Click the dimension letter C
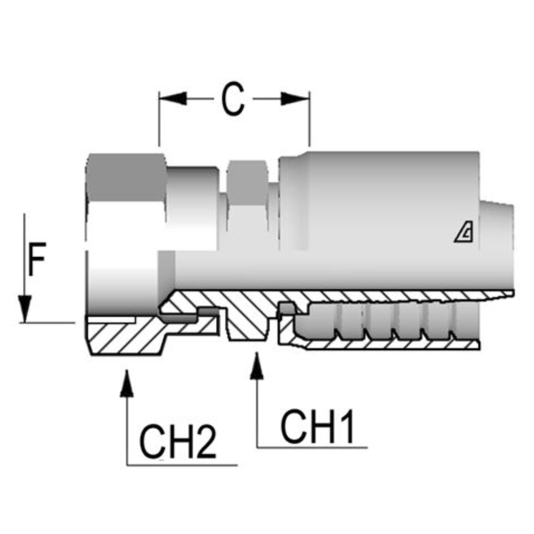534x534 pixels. click(x=232, y=100)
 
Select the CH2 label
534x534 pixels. click(x=178, y=442)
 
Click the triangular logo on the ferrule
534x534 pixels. click(x=464, y=233)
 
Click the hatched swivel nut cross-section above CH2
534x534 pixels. click(x=133, y=336)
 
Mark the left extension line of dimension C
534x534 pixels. click(x=159, y=119)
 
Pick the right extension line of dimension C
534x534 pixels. click(x=310, y=119)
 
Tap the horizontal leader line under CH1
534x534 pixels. click(x=311, y=447)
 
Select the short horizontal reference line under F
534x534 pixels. click(x=47, y=322)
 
